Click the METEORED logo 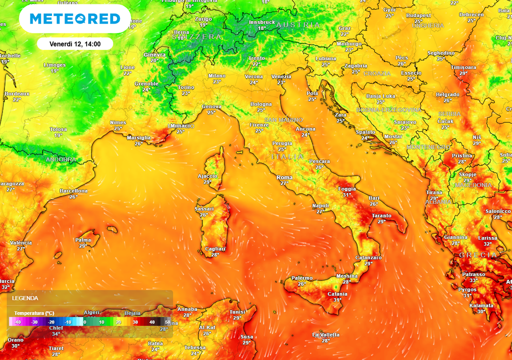[75, 19]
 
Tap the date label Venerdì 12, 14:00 [75, 44]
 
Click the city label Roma [284, 177]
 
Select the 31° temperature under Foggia [347, 195]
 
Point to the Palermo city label [301, 278]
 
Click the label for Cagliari [215, 249]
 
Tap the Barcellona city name [73, 191]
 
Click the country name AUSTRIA [298, 24]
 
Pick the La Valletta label [326, 334]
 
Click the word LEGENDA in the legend [25, 298]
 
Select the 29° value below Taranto [381, 221]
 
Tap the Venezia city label [281, 76]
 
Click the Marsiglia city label [139, 137]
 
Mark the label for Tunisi [237, 311]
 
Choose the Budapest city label [418, 15]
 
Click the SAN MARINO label [283, 120]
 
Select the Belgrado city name [447, 94]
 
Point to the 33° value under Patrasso [473, 280]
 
